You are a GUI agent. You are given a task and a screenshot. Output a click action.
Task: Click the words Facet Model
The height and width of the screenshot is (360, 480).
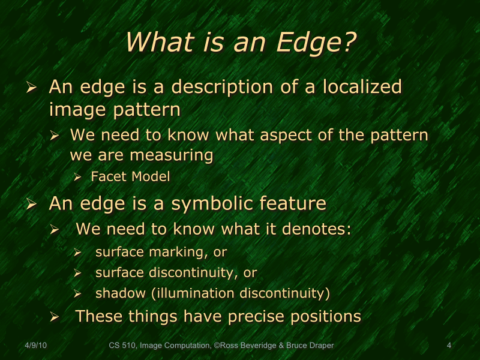[x=130, y=177]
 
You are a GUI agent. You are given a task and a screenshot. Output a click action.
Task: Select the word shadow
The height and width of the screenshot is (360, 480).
[x=116, y=294]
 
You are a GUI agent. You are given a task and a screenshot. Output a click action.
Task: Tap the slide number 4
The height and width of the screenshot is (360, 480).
[x=449, y=346]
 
